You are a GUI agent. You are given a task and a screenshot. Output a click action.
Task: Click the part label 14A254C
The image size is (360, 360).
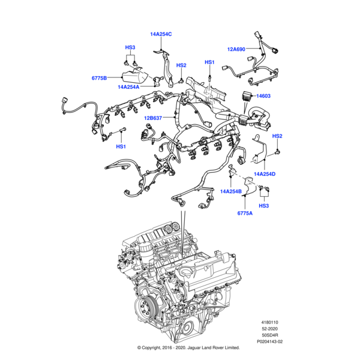[x=161, y=34]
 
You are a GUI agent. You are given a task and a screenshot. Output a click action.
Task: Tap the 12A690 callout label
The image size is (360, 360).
[x=237, y=49]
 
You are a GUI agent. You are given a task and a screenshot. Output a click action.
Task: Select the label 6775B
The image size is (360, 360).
[x=99, y=78]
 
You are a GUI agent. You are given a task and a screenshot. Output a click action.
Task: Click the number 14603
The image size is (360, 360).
[x=264, y=96]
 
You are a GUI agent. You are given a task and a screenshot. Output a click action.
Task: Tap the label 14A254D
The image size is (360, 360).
[x=264, y=174]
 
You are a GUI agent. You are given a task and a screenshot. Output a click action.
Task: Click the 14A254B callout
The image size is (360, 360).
[x=231, y=191]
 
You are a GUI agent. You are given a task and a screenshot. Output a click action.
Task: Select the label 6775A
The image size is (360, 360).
[x=245, y=213]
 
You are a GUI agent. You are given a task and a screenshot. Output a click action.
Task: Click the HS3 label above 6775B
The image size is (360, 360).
[x=130, y=47]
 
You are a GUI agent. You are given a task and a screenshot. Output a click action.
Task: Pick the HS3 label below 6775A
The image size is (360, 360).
[x=264, y=206]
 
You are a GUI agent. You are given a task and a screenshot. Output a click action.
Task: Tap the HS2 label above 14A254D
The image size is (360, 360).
[x=277, y=136]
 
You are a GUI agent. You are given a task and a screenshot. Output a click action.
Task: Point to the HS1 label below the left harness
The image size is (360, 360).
[x=121, y=146]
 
